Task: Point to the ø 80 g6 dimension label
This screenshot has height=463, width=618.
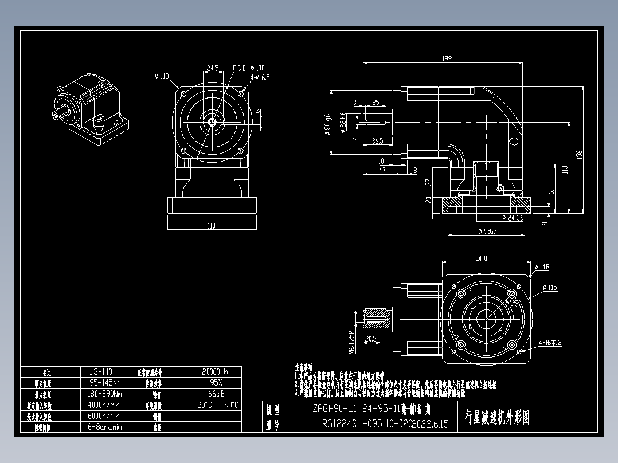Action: pos(328,123)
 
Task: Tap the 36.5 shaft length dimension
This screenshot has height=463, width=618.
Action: pos(377,140)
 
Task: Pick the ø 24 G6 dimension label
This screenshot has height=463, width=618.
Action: pos(513,218)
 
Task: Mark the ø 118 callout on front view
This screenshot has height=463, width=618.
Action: pos(162,76)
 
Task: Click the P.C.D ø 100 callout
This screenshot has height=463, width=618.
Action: pos(248,68)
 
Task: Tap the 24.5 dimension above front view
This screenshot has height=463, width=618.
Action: pos(212,68)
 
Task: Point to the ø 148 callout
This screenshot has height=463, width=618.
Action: pos(542,266)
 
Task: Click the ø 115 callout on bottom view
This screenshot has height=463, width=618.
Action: pos(549,288)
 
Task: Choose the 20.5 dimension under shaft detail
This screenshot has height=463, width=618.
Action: pos(370,339)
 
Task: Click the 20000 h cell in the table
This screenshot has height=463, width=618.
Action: pos(215,371)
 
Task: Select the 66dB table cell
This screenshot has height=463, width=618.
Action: pos(215,394)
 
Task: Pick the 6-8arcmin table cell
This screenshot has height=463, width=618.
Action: pos(105,427)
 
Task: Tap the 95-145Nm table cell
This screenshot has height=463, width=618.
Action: pos(105,382)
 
